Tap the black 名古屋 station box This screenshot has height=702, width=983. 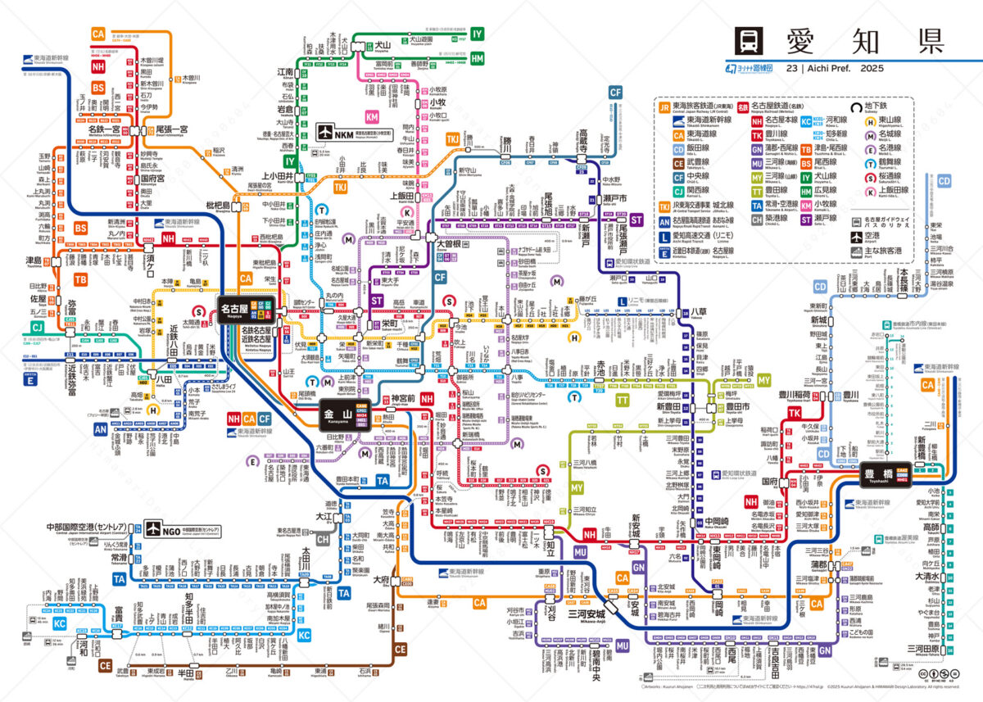tap(236, 310)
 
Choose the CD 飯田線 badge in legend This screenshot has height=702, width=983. tap(666, 150)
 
